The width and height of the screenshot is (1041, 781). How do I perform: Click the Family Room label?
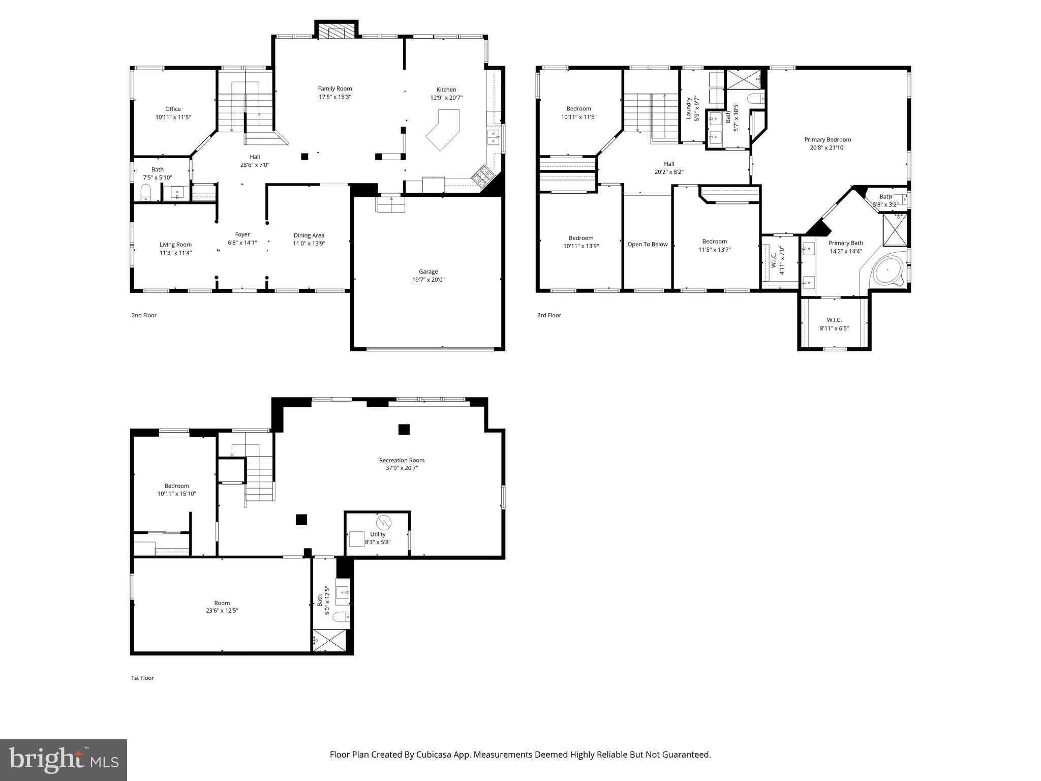click(335, 88)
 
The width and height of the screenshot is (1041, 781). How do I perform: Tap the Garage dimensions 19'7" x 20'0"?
click(428, 280)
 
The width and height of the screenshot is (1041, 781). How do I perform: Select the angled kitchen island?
click(443, 130)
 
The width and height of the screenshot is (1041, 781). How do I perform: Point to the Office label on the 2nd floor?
click(173, 109)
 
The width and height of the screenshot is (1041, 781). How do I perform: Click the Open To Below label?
click(647, 245)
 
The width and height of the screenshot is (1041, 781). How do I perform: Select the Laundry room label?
click(689, 108)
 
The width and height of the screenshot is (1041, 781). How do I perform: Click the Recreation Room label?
click(402, 460)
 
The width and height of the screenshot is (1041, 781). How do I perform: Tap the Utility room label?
click(378, 534)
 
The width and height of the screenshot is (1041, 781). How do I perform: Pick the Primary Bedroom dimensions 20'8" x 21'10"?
click(828, 148)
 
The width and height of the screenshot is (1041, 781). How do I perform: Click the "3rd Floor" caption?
click(549, 315)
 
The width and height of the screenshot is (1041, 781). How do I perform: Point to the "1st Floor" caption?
click(142, 678)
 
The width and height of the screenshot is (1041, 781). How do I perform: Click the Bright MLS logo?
click(64, 760)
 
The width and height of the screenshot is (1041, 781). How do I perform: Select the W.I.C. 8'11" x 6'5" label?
click(834, 324)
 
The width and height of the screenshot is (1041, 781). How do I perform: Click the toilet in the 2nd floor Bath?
click(146, 193)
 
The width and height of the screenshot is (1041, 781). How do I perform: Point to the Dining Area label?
click(309, 235)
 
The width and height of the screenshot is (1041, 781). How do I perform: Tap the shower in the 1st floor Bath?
click(330, 640)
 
